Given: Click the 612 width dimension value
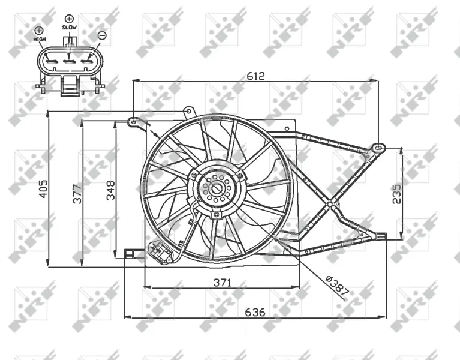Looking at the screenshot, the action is click(x=255, y=76).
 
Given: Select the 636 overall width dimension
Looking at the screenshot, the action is click(x=255, y=312).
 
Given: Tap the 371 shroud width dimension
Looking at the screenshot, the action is click(x=223, y=283).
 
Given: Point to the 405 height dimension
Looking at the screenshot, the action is click(x=43, y=189).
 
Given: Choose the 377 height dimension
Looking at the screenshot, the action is click(x=77, y=194).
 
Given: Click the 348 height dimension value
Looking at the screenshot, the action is click(x=110, y=190).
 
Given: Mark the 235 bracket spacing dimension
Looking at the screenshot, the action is click(x=396, y=194).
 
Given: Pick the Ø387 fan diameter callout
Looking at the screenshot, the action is click(x=338, y=285).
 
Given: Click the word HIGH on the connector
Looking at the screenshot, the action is click(x=40, y=39).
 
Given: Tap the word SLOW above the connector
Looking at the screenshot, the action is click(x=69, y=27).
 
